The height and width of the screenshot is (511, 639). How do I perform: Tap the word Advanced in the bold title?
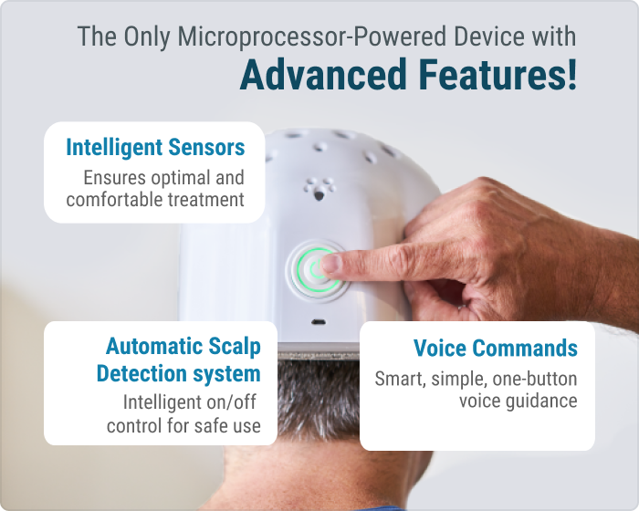tap(323, 75)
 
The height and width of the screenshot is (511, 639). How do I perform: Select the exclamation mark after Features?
tap(571, 74)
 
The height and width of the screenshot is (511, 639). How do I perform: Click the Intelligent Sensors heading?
tap(155, 147)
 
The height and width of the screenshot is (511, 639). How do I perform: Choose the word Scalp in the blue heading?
tap(235, 347)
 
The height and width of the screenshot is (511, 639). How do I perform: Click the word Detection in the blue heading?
tap(141, 373)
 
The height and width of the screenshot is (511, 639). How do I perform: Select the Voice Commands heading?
tap(495, 348)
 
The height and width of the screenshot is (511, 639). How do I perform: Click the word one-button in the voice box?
tap(535, 379)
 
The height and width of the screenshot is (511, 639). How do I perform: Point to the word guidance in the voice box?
tap(541, 401)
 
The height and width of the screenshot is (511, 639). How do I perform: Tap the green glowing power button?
tap(316, 270)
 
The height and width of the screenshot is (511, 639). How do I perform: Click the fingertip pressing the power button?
tap(331, 263)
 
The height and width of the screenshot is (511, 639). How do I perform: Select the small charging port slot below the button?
tap(319, 322)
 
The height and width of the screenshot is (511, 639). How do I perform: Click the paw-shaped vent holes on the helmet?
tap(319, 189)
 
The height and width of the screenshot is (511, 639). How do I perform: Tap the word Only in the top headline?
tap(147, 37)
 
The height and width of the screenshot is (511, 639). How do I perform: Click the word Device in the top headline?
tap(489, 36)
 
